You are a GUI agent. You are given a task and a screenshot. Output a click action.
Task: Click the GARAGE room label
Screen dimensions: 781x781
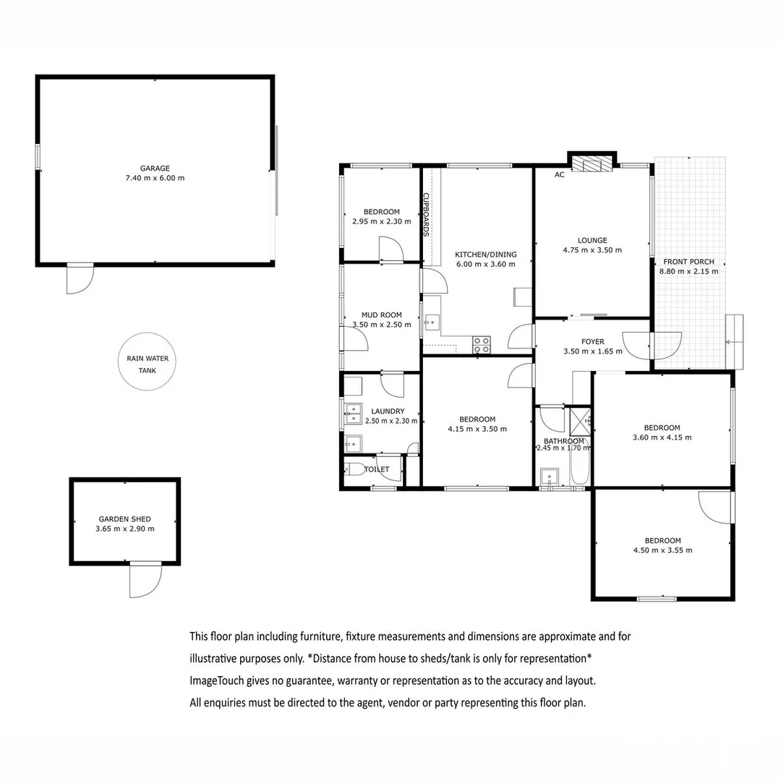[x=155, y=168]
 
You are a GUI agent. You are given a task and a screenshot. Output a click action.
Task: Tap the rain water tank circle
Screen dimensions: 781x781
[x=147, y=362]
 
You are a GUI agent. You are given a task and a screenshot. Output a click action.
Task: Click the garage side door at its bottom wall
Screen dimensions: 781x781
[x=80, y=278]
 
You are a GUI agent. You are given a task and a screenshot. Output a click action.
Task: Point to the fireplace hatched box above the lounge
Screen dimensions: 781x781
[x=592, y=164]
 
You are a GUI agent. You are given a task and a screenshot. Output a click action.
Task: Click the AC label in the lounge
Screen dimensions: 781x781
[x=559, y=175]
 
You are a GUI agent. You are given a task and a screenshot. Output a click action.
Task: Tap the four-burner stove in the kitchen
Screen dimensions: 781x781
[x=482, y=346]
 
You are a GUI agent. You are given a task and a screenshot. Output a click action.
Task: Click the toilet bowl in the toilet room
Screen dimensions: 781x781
[x=354, y=469]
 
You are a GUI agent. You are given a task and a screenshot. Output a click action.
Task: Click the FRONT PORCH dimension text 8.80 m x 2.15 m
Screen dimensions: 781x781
[x=688, y=272]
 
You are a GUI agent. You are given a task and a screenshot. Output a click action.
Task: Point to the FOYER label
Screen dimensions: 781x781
[x=592, y=342]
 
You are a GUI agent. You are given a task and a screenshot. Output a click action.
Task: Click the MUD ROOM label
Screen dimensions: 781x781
[x=381, y=315]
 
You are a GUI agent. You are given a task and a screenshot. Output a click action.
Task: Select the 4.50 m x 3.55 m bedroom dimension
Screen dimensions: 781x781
[x=662, y=550]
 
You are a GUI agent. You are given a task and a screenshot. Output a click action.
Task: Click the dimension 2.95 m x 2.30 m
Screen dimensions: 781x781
[x=381, y=221]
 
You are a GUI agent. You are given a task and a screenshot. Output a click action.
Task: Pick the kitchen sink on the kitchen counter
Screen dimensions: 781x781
[x=432, y=320]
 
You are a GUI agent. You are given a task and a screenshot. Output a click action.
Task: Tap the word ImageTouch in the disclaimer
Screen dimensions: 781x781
[x=216, y=680]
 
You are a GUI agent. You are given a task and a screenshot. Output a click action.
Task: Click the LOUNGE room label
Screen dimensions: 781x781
[x=592, y=240]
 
